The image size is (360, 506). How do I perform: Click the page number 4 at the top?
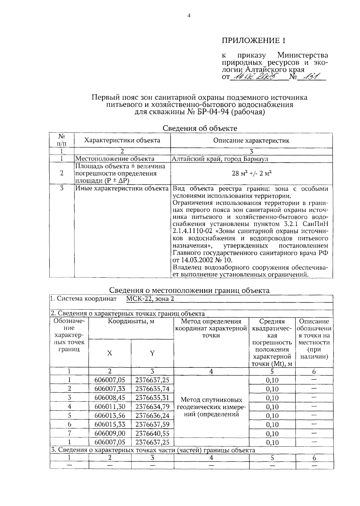(x=189, y=16)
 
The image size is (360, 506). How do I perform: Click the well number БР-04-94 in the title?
(x=214, y=112)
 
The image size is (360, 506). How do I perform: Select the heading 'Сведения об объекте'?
(x=200, y=128)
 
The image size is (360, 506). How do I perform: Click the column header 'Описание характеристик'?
(x=251, y=140)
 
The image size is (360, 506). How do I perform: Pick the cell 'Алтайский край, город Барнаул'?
(x=220, y=159)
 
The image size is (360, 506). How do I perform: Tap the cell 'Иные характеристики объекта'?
(x=121, y=189)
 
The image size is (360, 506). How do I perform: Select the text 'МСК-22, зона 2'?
(x=150, y=299)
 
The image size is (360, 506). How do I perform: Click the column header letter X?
(x=109, y=353)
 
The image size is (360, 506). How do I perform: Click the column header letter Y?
(x=152, y=353)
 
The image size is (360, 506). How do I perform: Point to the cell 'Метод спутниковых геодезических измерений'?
(x=211, y=407)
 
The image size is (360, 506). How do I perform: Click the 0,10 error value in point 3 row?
(x=272, y=398)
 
